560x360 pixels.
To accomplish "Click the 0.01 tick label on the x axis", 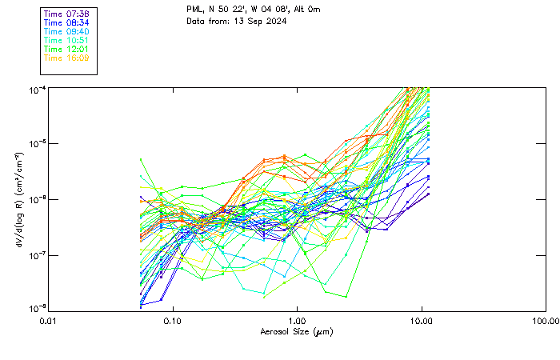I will click(48, 321).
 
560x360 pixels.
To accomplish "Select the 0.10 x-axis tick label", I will click(172, 321).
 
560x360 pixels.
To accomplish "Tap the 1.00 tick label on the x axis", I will click(297, 321).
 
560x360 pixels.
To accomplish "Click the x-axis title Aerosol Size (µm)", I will click(296, 331).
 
